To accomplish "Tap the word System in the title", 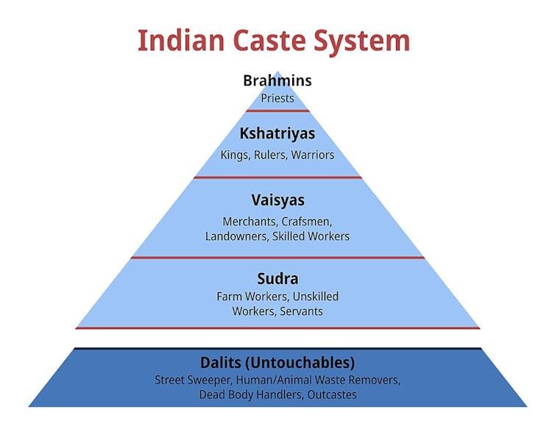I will [x=367, y=41].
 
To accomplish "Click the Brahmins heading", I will [x=277, y=80].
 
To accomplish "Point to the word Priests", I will [x=277, y=98].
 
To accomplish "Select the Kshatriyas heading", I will [x=277, y=134].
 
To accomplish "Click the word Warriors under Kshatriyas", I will [x=313, y=155].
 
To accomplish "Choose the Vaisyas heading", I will [x=277, y=200].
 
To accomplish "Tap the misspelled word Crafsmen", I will [x=309, y=221].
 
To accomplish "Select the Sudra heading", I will [x=277, y=279].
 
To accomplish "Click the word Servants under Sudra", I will [x=300, y=311].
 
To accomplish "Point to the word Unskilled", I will [x=316, y=296].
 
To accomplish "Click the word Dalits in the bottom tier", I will [x=224, y=363].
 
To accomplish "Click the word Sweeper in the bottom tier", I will [x=212, y=380].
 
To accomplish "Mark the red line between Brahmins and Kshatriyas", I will [x=277, y=110].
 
